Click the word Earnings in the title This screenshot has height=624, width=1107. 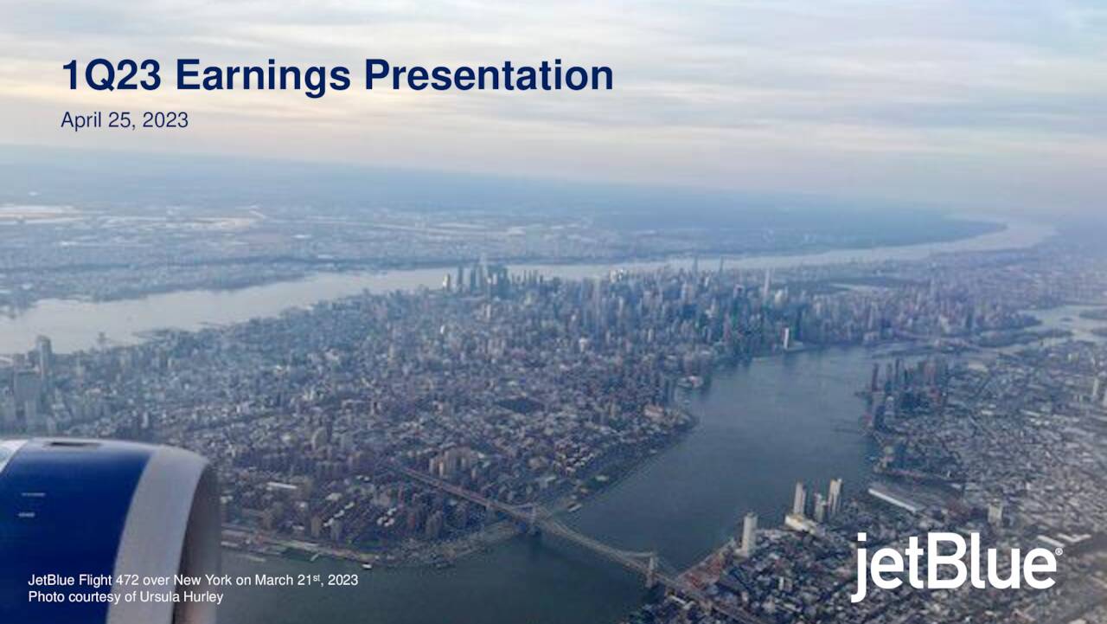click(262, 76)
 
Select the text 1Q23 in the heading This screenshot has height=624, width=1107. click(112, 76)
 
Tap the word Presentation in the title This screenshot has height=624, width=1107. click(488, 76)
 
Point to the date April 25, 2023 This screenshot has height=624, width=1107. click(125, 120)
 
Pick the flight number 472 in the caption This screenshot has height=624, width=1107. click(139, 580)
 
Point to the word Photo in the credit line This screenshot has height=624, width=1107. click(46, 596)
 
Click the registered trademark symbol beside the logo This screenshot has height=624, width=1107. click(1059, 551)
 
